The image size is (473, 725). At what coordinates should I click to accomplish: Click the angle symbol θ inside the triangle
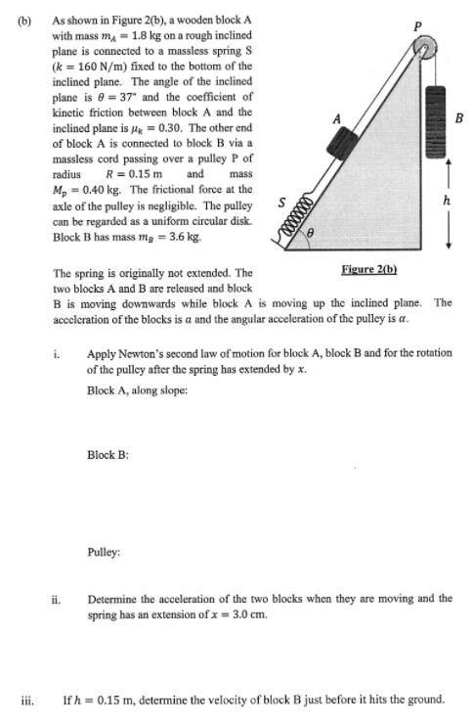[314, 235]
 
